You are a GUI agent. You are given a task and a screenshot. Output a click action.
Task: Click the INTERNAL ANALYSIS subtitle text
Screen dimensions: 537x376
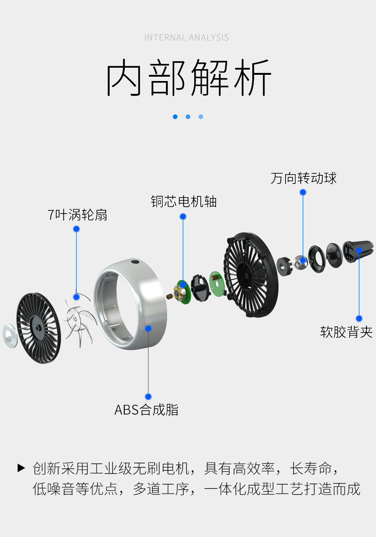coord(187,38)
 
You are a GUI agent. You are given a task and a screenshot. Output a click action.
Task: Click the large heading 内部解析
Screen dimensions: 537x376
coord(188,78)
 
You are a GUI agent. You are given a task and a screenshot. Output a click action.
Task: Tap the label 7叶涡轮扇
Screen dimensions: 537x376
coord(78,215)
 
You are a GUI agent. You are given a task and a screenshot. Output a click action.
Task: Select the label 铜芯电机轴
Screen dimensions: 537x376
coord(184,202)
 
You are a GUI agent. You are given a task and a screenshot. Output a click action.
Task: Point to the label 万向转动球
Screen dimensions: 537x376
coord(304,178)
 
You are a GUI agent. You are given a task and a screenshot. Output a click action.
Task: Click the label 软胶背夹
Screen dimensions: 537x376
coord(346,332)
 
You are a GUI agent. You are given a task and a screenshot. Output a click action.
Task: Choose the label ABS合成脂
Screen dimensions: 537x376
coord(147,410)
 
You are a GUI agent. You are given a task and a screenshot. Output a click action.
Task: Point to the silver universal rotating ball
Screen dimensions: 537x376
coord(301,261)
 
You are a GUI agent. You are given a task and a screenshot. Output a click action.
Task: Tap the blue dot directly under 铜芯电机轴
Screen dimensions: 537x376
coord(183,217)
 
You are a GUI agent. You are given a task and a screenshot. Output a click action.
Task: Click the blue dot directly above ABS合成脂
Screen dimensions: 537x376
coord(148,396)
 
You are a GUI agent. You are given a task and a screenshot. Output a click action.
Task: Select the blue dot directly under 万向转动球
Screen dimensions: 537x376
coord(303,193)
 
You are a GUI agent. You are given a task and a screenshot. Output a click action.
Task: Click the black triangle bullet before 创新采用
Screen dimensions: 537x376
coord(21,467)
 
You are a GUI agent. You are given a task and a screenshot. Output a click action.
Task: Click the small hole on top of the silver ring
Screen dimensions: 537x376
coord(135,262)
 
